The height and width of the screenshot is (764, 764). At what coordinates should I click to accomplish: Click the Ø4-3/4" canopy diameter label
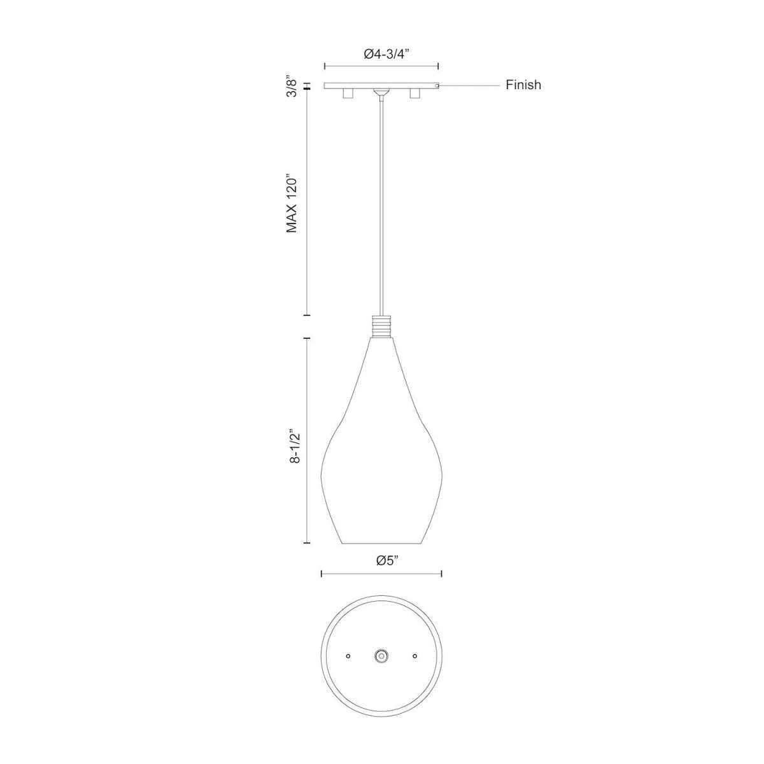[381, 55]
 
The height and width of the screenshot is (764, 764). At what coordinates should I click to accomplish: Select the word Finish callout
[523, 85]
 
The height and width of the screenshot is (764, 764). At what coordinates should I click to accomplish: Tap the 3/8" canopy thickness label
[292, 86]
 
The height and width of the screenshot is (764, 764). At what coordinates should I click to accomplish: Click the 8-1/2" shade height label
[292, 440]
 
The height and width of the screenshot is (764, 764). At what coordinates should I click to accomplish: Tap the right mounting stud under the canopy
[416, 94]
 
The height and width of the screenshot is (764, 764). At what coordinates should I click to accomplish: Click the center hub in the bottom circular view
[381, 655]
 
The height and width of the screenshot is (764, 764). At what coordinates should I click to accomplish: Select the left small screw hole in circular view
[348, 655]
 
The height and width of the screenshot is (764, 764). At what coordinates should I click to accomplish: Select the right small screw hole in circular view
[414, 655]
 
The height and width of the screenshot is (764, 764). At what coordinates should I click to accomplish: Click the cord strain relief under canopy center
[381, 94]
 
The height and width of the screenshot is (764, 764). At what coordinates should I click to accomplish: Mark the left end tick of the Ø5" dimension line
[322, 574]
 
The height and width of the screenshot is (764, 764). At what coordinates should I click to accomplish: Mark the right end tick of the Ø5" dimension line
[442, 574]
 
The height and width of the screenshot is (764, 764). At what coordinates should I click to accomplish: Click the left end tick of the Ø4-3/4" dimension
[325, 66]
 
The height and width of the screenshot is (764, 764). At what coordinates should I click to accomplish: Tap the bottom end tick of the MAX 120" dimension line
[307, 315]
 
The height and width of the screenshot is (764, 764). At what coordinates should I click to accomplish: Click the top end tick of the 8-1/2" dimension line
[307, 338]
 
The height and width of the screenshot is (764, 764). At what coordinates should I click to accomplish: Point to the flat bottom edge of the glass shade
[381, 544]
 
